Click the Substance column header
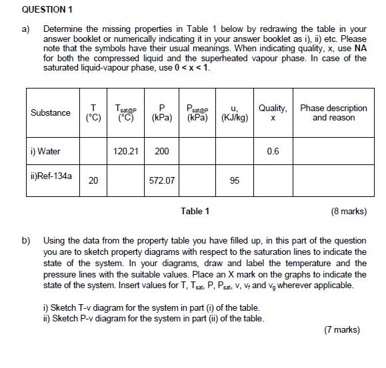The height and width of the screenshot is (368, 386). click(51, 112)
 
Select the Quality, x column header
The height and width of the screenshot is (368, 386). click(273, 112)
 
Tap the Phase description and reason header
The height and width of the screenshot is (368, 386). click(333, 112)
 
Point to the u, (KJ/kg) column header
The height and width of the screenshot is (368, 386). click(234, 112)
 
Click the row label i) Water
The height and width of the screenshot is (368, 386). click(45, 151)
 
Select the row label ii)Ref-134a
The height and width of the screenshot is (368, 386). click(51, 178)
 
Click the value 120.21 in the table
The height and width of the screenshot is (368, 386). click(125, 151)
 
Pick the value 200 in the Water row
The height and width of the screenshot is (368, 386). click(161, 151)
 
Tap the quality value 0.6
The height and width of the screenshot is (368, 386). click(273, 151)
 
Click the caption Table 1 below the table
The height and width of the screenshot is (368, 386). click(195, 212)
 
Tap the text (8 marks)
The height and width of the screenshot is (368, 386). click(347, 212)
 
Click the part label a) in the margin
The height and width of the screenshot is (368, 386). click(26, 30)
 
